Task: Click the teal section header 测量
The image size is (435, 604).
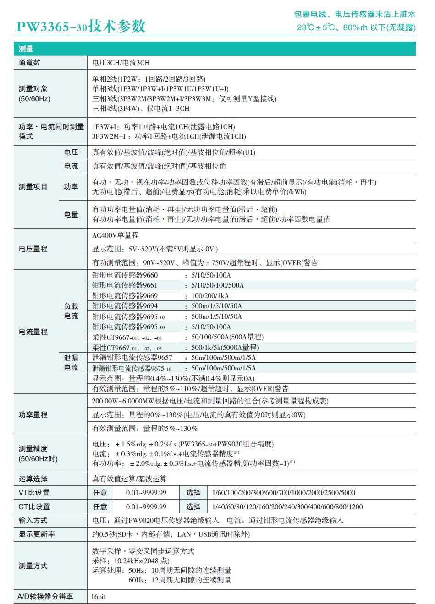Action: tap(26, 49)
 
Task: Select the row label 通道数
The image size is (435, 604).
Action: tap(29, 63)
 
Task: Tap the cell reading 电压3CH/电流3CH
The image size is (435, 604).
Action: tap(121, 63)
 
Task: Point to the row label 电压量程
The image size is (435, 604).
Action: tap(33, 249)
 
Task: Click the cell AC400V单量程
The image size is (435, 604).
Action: tap(116, 235)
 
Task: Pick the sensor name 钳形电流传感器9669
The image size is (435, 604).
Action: tap(125, 295)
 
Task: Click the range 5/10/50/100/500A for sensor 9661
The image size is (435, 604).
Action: tap(217, 285)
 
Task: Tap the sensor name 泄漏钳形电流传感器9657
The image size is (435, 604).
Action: tap(132, 358)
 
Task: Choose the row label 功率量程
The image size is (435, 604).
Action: tap(33, 414)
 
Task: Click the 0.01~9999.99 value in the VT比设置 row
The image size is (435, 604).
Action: tap(146, 493)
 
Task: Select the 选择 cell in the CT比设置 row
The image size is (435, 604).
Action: tap(193, 506)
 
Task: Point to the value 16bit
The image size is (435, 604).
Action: tap(99, 597)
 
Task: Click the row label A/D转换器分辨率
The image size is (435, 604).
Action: tap(45, 597)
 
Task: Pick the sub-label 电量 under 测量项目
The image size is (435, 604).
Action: tap(71, 214)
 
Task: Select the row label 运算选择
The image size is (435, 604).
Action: tap(33, 479)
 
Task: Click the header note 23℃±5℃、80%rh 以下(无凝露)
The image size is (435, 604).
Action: tap(356, 27)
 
